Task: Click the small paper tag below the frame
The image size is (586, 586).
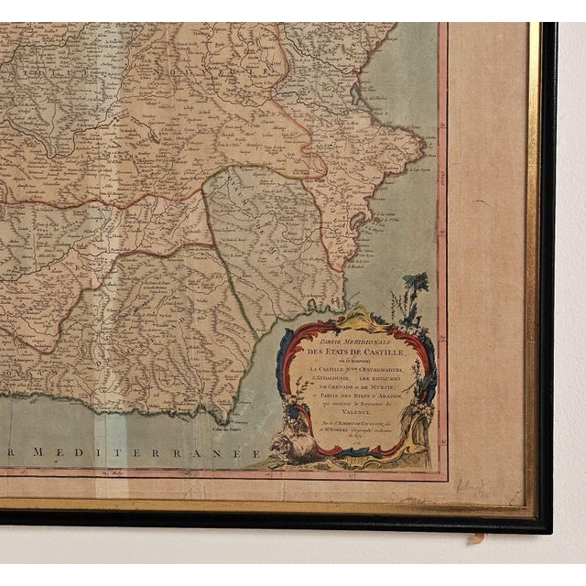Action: (x=475, y=537)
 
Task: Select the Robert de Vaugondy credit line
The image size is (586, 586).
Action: (x=351, y=427)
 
